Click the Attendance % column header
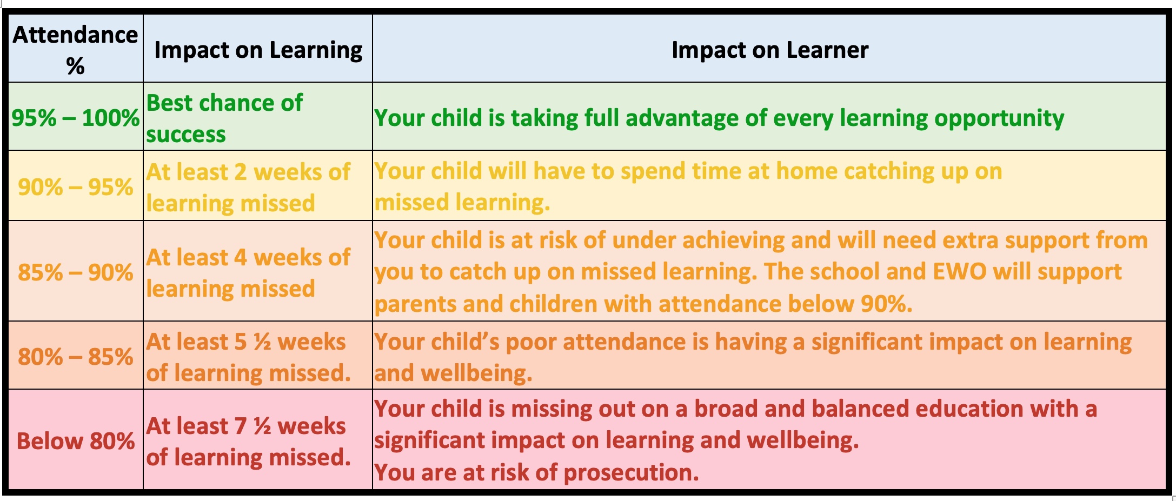76,50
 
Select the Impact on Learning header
258,50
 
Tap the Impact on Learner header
770,50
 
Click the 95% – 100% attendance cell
76,117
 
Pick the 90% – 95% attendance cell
76,187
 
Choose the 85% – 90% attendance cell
76,272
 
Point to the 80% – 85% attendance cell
76,357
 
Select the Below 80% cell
76,441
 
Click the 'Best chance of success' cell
224,118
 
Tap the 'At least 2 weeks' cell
248,188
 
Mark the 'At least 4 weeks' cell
248,273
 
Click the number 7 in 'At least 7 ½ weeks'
241,426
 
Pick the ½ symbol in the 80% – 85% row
262,342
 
